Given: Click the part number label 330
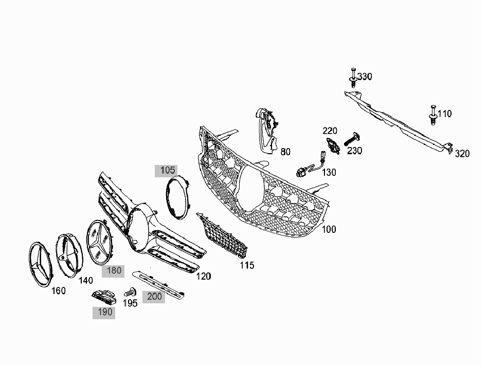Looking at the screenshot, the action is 365,76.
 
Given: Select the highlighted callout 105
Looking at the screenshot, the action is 168,171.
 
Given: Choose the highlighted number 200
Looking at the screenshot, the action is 154,297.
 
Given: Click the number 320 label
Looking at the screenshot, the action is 462,154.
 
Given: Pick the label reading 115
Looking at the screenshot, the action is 247,265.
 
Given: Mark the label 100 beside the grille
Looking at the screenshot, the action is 329,229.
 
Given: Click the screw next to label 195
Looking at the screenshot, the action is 130,292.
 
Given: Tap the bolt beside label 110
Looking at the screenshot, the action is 432,115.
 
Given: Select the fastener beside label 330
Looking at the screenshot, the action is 353,77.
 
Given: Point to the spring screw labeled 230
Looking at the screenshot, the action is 351,139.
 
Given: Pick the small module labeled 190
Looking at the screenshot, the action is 104,298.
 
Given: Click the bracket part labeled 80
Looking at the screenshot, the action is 266,131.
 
